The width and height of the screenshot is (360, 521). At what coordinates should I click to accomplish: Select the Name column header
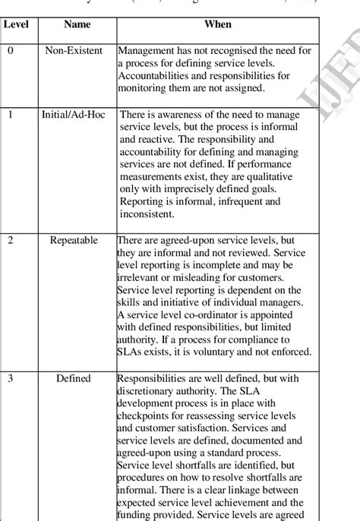point(77,24)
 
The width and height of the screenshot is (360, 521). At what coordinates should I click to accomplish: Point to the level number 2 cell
point(10,240)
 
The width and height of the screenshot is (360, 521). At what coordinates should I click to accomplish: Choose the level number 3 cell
point(10,378)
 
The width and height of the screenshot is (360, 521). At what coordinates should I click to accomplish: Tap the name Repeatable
point(74,240)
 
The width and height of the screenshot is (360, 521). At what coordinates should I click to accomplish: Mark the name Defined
point(74,378)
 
